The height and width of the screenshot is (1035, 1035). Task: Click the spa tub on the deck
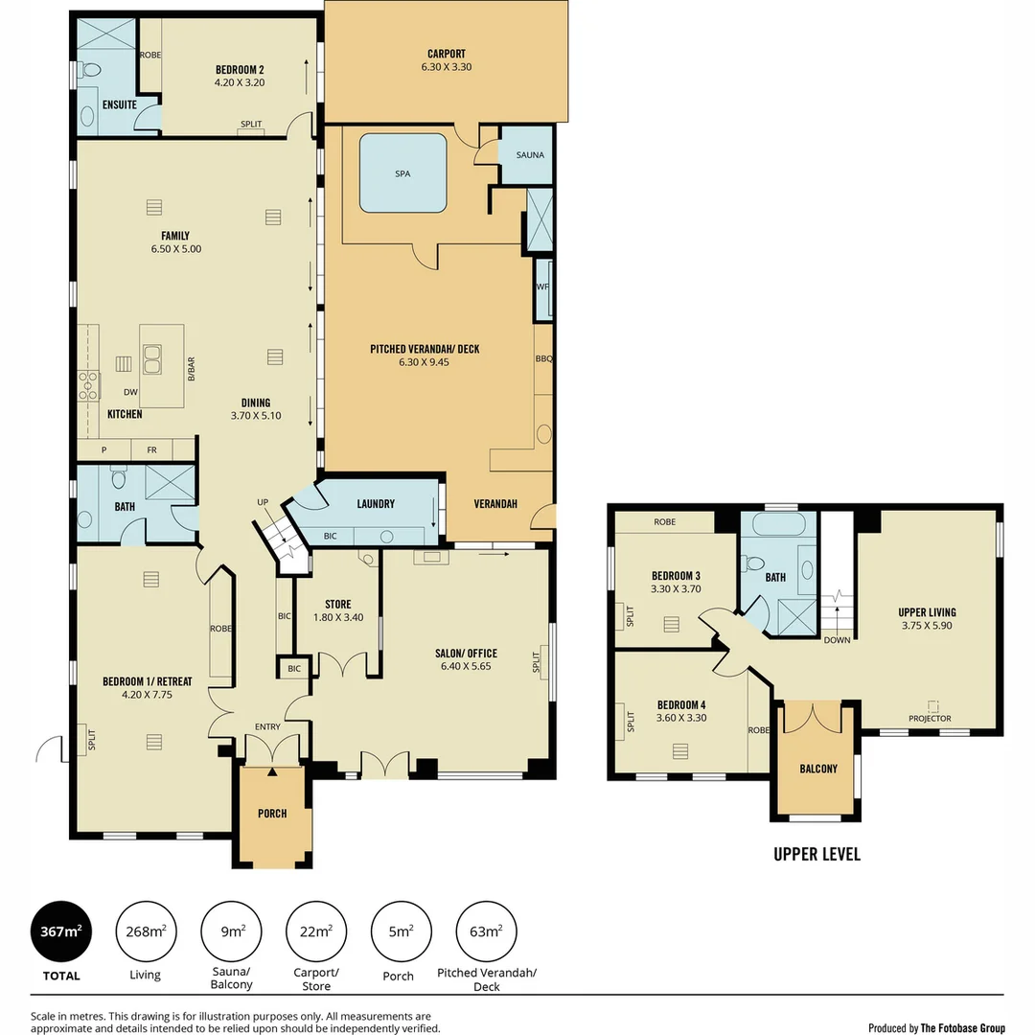tap(402, 173)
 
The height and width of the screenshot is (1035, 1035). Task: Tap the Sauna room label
tap(527, 154)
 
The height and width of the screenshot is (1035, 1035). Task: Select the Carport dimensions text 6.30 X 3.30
tap(446, 67)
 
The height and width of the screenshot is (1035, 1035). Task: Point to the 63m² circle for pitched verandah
tap(487, 931)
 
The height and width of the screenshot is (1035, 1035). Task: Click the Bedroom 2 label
tap(240, 69)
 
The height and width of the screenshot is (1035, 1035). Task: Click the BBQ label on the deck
tap(543, 358)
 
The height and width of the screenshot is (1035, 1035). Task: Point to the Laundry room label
tap(376, 504)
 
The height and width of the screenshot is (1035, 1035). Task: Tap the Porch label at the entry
tap(272, 814)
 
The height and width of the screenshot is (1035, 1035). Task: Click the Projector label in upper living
tap(930, 718)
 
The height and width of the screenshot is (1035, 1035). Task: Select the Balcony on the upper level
tap(817, 769)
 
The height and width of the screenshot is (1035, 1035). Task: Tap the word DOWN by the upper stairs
tap(837, 640)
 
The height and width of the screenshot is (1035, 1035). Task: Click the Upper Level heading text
tap(816, 854)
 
